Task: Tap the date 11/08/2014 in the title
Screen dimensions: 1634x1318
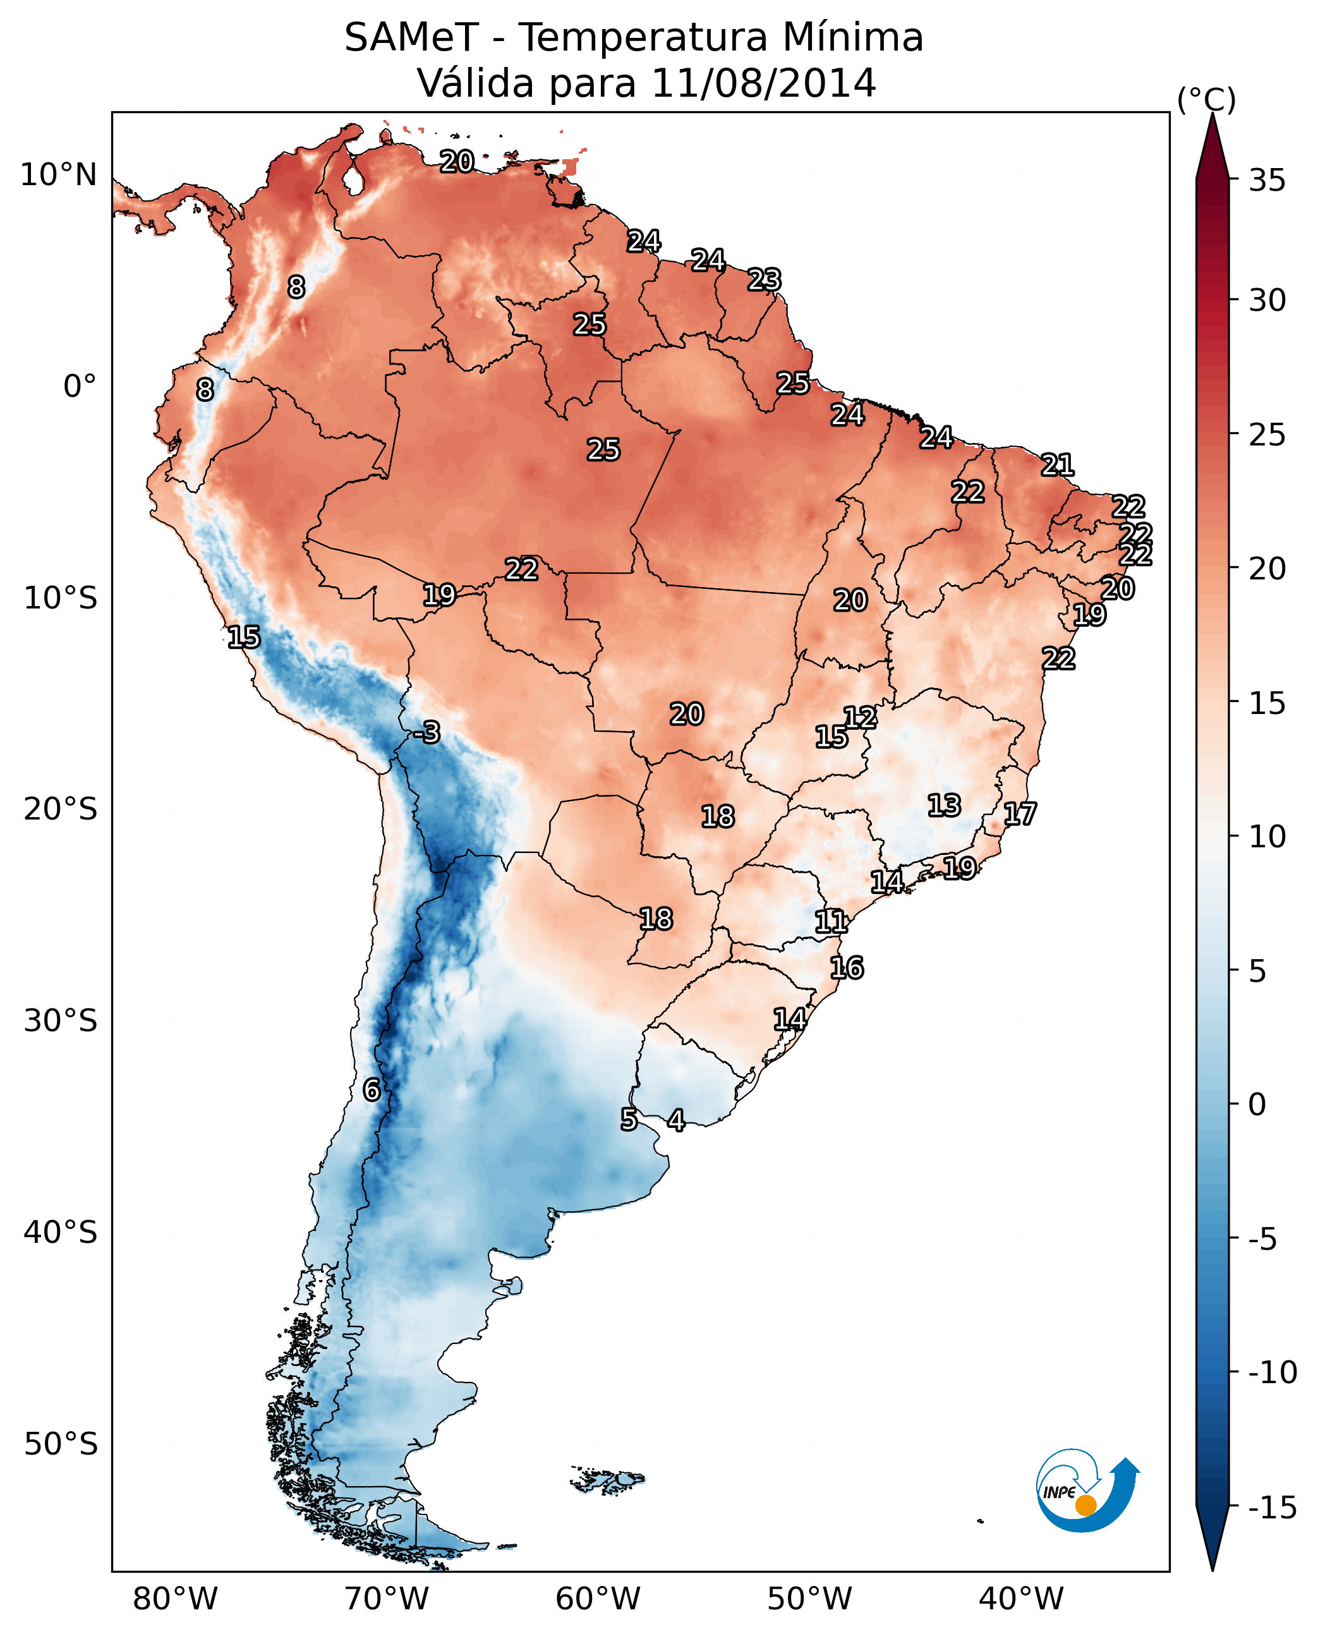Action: tap(763, 83)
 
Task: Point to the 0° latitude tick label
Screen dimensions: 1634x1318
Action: tap(80, 387)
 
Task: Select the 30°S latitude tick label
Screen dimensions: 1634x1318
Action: tap(61, 1020)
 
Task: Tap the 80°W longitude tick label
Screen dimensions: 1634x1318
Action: tap(176, 1599)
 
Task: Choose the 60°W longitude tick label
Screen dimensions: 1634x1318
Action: tap(598, 1599)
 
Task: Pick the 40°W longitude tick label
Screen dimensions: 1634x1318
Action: tap(1021, 1599)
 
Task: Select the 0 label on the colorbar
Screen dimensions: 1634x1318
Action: tap(1257, 1104)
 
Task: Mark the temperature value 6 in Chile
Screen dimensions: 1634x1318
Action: tap(372, 1089)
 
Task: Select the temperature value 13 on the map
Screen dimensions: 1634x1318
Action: tap(944, 805)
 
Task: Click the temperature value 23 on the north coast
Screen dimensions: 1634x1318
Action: tap(764, 279)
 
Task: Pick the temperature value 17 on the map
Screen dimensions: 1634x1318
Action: tap(1020, 814)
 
